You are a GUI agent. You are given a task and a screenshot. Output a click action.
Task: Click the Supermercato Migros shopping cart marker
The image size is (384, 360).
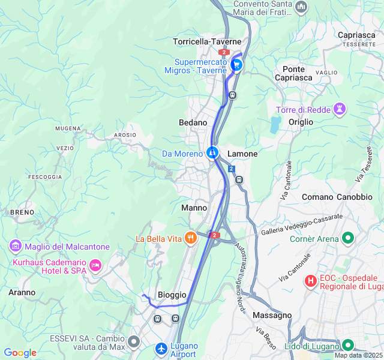[236, 65]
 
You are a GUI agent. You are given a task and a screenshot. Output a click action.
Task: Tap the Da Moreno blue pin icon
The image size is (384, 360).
[212, 153]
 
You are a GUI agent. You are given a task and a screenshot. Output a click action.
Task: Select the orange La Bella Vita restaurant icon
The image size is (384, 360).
[191, 238]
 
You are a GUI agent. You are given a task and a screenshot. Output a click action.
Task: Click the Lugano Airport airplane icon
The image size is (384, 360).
[161, 348]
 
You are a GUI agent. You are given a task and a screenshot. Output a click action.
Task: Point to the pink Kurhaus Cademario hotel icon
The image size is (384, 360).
[95, 265]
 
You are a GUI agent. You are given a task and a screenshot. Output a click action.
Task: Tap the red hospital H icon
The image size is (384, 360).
[311, 280]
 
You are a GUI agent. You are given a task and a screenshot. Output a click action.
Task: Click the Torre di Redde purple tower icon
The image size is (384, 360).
[340, 109]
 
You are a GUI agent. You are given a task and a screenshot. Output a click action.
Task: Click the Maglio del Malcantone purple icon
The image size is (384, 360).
[15, 246]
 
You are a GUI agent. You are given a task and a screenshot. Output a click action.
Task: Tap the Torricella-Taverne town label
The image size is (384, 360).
[207, 41]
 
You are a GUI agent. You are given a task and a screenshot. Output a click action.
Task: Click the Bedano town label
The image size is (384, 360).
[193, 122]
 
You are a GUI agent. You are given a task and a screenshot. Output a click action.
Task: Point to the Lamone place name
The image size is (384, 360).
[242, 154]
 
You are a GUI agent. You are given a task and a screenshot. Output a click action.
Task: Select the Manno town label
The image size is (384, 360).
[194, 208]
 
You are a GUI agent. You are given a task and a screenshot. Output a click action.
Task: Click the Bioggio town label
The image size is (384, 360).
[172, 295]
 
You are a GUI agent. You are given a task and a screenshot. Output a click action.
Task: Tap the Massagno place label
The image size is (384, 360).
[272, 315]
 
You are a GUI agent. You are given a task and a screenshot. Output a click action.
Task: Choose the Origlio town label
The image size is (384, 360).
[301, 122]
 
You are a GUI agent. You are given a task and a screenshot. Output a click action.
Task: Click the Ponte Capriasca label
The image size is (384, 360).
[294, 73]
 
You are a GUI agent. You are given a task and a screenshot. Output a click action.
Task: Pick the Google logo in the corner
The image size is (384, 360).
[20, 353]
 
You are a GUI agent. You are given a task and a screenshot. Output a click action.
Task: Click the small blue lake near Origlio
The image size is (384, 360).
[275, 125]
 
